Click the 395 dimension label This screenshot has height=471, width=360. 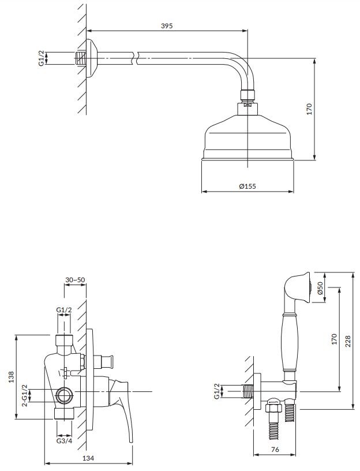pyautogui.click(x=167, y=26)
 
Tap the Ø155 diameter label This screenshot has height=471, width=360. pyautogui.click(x=247, y=186)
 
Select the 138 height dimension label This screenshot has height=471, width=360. pyautogui.click(x=12, y=377)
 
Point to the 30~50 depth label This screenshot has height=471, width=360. pyautogui.click(x=75, y=279)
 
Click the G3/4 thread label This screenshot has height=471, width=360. pyautogui.click(x=65, y=441)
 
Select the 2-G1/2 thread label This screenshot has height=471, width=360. pyautogui.click(x=25, y=395)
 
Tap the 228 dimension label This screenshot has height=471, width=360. pyautogui.click(x=348, y=341)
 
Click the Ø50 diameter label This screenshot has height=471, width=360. pyautogui.click(x=320, y=288)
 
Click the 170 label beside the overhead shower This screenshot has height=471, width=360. pyautogui.click(x=310, y=109)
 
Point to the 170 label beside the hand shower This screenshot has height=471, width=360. pyautogui.click(x=335, y=339)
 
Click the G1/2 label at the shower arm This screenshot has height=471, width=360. pyautogui.click(x=41, y=58)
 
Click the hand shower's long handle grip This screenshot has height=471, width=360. pyautogui.click(x=290, y=342)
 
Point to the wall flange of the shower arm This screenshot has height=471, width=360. pyautogui.click(x=91, y=58)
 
